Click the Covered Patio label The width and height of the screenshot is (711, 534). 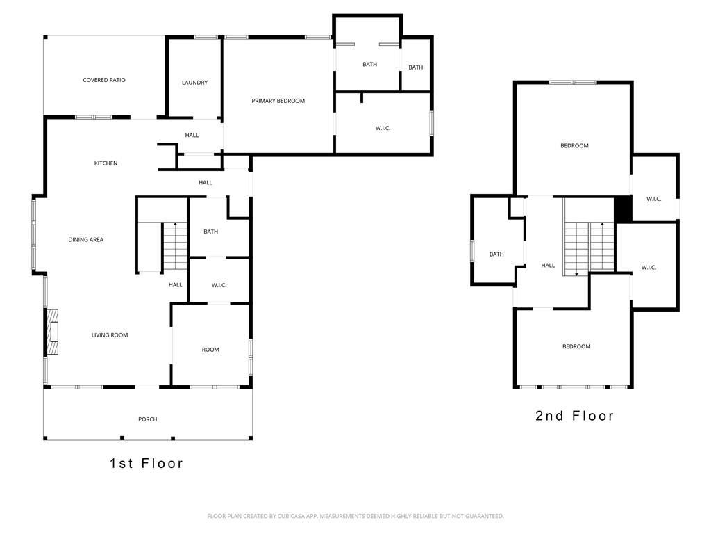coord(104,80)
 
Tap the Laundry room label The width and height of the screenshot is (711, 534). coord(194,83)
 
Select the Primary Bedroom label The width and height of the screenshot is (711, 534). coord(278,101)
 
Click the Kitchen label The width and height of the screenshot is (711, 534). coord(106,163)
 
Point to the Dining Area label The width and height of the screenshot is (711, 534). coord(85,240)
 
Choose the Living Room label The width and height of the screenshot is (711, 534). coord(110,335)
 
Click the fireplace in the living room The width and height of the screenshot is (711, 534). coord(53,332)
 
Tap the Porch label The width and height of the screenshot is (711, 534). coord(148,419)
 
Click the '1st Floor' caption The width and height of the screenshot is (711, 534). coord(147,463)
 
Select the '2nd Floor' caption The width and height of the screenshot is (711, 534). coord(574,416)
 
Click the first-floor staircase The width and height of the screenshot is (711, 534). coord(175,246)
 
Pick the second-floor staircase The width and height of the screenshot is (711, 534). coord(589,249)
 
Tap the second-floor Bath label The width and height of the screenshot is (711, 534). coord(496,254)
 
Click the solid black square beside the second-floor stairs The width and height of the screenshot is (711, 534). coord(623,209)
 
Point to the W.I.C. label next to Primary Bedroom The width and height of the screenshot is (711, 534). coord(383,128)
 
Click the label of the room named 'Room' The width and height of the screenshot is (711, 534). coord(210,350)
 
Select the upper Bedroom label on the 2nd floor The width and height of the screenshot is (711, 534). coord(574,146)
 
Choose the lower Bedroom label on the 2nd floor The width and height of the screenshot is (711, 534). coord(576,346)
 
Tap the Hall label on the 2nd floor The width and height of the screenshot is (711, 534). coord(548,265)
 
